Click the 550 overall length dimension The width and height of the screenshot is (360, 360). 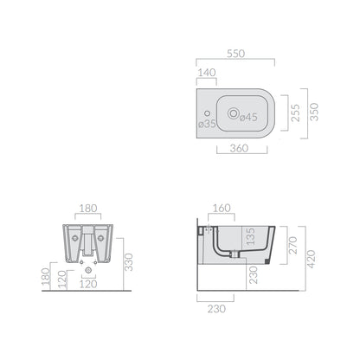[235, 54]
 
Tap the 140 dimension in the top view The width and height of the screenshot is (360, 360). [207, 73]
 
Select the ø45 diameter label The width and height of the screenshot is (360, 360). [248, 117]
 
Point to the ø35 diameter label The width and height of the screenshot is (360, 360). [207, 124]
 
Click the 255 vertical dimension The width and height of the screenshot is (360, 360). [295, 113]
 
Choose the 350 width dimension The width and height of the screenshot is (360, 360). [314, 112]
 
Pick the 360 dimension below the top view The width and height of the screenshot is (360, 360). [239, 148]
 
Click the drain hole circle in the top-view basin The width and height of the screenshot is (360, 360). [233, 113]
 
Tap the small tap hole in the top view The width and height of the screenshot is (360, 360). [207, 113]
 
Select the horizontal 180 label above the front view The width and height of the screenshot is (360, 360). [88, 209]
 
